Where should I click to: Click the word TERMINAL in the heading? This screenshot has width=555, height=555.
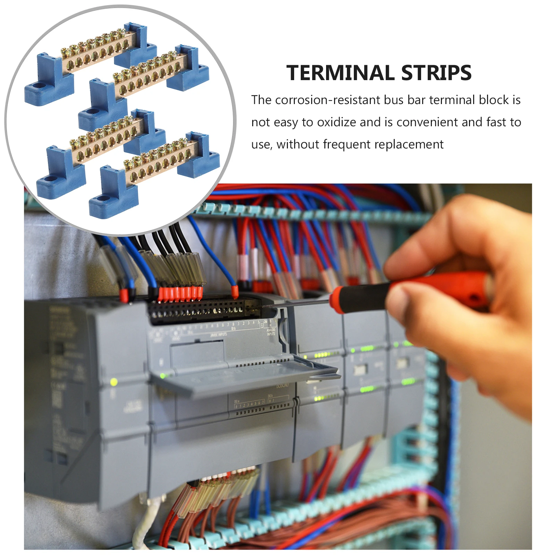point(340,73)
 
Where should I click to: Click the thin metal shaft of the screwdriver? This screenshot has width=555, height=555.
point(298,304)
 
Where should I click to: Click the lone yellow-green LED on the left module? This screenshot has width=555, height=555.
point(113,382)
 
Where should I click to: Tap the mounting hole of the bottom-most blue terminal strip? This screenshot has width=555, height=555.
point(101,199)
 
